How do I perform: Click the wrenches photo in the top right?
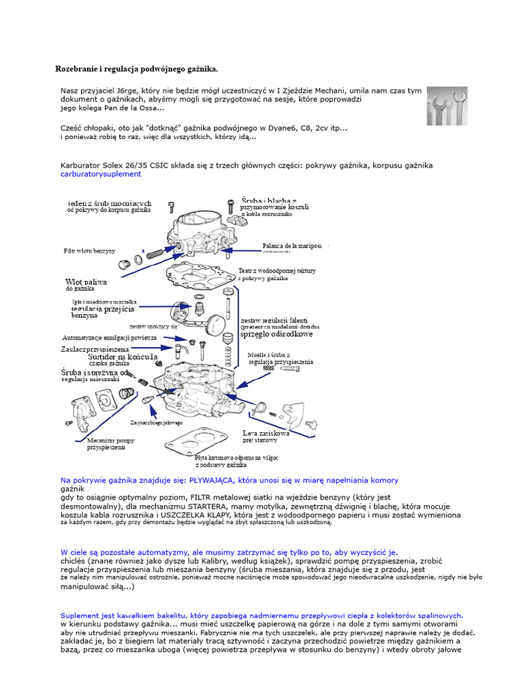point(447,106)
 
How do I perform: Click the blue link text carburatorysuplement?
point(101,174)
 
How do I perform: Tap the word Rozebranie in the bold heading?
point(77,70)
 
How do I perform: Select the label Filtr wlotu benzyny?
point(89,252)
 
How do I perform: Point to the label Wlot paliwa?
point(86,282)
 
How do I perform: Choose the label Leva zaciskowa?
point(266,433)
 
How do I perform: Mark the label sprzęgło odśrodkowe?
point(277,335)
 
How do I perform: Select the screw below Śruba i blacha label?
point(232,203)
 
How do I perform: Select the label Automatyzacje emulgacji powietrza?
point(110,337)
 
